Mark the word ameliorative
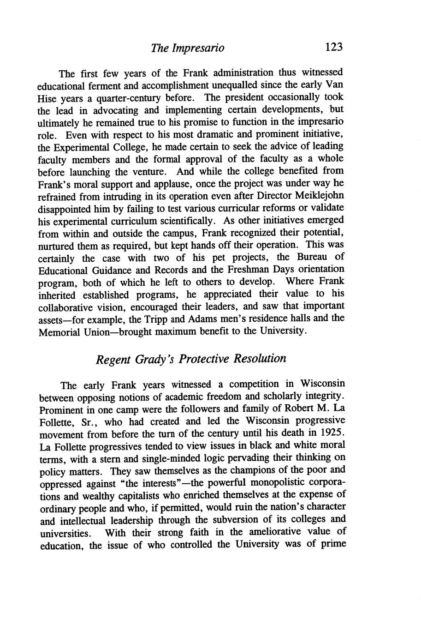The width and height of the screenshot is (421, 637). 285,532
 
